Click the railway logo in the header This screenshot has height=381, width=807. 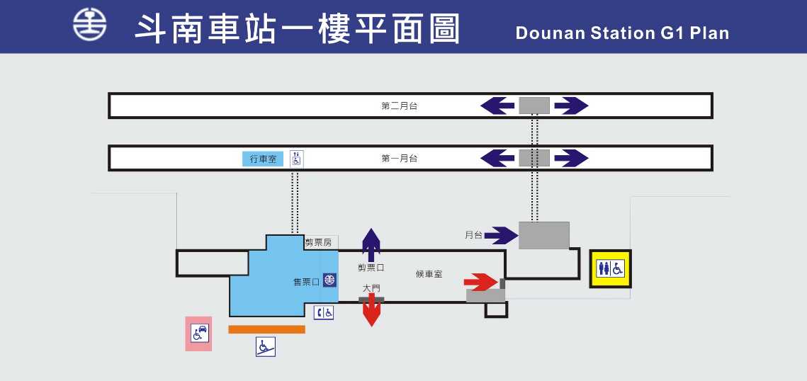[x=90, y=26]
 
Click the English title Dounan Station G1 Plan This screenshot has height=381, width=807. [x=622, y=33]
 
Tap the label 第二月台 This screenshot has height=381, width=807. [x=400, y=106]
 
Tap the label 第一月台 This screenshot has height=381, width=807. [x=400, y=159]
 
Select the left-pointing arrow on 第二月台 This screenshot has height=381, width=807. [x=497, y=106]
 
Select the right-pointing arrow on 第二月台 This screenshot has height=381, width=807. [x=571, y=106]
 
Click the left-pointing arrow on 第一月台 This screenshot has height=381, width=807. [x=497, y=158]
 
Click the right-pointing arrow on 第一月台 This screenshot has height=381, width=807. [x=571, y=158]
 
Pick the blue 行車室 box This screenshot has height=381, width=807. [x=263, y=159]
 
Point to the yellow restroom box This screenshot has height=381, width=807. [x=611, y=268]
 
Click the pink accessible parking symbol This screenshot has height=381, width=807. [x=198, y=334]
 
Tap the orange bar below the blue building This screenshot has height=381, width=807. [x=266, y=329]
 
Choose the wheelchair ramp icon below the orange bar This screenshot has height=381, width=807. [x=266, y=347]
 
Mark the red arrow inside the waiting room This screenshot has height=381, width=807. [x=481, y=282]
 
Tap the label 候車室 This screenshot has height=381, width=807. [x=429, y=274]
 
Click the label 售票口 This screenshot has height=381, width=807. [x=306, y=281]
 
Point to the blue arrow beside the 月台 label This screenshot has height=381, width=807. [x=502, y=235]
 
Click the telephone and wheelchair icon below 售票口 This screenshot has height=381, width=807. [x=324, y=312]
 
